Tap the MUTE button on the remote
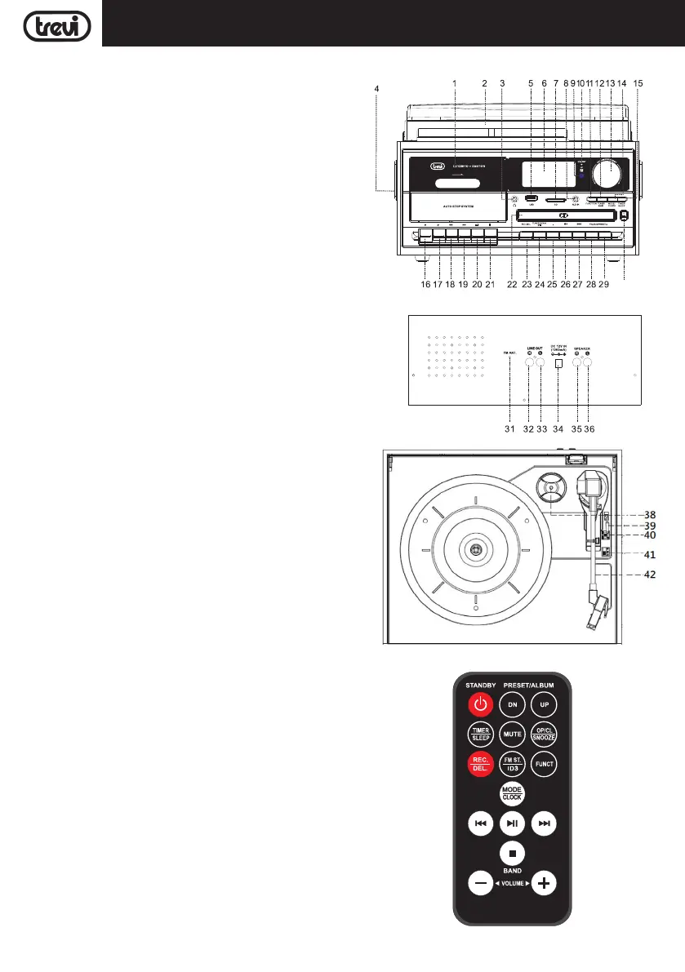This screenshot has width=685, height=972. (x=512, y=734)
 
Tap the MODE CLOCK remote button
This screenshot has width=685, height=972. (x=512, y=793)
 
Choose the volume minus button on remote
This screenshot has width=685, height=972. (x=480, y=883)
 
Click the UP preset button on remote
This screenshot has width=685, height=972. (x=545, y=703)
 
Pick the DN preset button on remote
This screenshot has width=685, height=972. (x=512, y=703)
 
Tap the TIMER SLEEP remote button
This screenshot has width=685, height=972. (x=480, y=734)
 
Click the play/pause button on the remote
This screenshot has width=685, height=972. (x=512, y=823)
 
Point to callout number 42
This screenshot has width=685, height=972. (x=650, y=573)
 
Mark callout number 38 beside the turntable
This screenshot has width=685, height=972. (x=650, y=515)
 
